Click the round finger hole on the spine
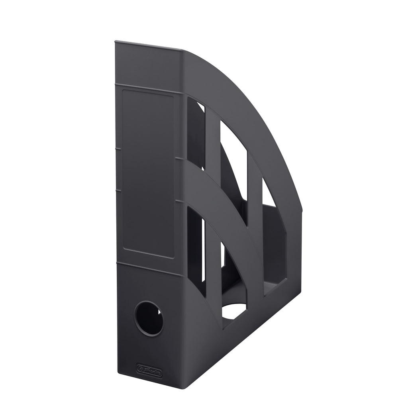click(x=149, y=317)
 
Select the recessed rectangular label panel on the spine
click(x=148, y=173)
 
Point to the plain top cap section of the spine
click(x=149, y=66)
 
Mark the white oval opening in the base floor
click(x=235, y=311)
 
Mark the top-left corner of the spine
click(x=116, y=41)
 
